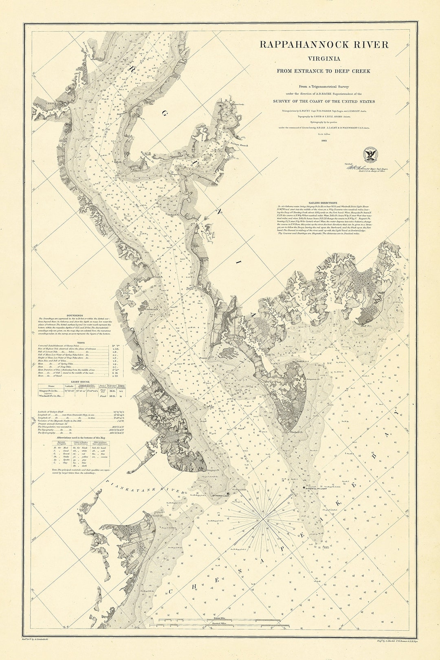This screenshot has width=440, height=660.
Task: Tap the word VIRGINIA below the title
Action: click(x=324, y=59)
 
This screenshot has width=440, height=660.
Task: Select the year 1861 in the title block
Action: click(x=324, y=141)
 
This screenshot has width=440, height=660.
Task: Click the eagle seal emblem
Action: click(x=370, y=154)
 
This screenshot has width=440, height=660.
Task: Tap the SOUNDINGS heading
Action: click(x=76, y=315)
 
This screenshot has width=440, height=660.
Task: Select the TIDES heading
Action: click(x=76, y=343)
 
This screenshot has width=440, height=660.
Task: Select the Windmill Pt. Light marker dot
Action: click(x=304, y=487)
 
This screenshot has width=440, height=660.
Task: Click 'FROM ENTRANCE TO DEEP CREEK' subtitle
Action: click(x=323, y=71)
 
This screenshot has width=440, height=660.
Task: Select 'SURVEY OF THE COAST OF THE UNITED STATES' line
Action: click(x=323, y=101)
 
